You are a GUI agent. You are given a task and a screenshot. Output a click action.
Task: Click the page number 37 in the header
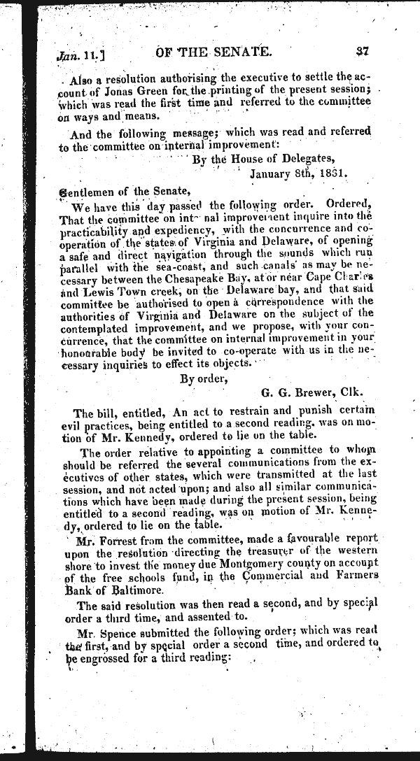point(362,50)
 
